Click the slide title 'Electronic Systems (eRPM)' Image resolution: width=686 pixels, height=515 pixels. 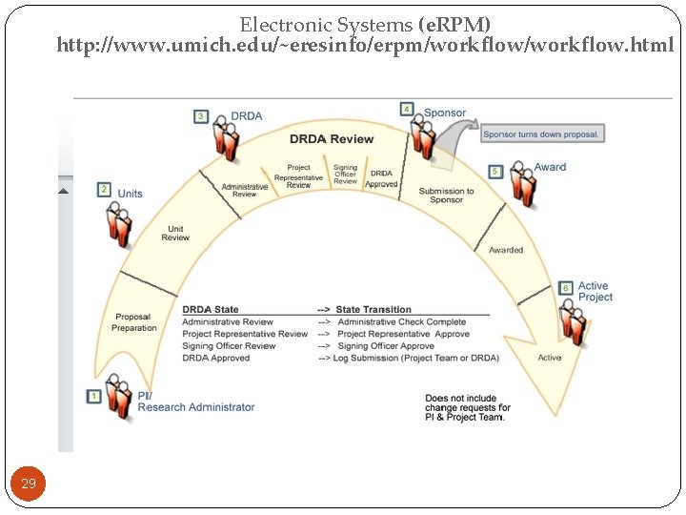(x=365, y=24)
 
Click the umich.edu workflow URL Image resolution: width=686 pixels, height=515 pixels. (x=365, y=45)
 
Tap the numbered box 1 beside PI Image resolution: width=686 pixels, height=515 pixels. (x=94, y=396)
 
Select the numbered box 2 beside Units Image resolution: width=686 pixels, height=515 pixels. (x=104, y=190)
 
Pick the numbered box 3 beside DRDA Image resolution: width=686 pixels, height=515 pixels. (x=201, y=116)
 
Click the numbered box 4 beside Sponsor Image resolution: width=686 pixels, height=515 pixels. (x=407, y=110)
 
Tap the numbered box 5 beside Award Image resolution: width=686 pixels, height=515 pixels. (x=494, y=172)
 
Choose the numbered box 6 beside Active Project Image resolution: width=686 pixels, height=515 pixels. (x=565, y=288)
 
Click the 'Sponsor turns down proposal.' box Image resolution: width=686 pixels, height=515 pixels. (x=541, y=134)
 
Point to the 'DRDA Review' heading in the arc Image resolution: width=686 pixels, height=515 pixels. (x=332, y=139)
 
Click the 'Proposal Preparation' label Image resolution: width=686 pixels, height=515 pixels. (x=134, y=322)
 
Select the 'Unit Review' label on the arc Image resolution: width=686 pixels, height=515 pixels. (x=175, y=233)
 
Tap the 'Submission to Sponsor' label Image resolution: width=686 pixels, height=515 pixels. (x=446, y=196)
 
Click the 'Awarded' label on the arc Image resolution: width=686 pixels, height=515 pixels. (x=506, y=250)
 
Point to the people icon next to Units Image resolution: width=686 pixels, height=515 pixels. (x=120, y=225)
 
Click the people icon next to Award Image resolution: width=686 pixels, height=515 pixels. (x=522, y=185)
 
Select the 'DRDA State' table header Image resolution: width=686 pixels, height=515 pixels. (x=211, y=309)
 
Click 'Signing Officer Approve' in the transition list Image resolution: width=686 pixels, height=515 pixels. (x=386, y=346)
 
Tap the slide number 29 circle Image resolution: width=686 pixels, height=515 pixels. (x=29, y=484)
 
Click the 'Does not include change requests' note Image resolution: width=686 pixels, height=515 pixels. (x=467, y=408)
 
